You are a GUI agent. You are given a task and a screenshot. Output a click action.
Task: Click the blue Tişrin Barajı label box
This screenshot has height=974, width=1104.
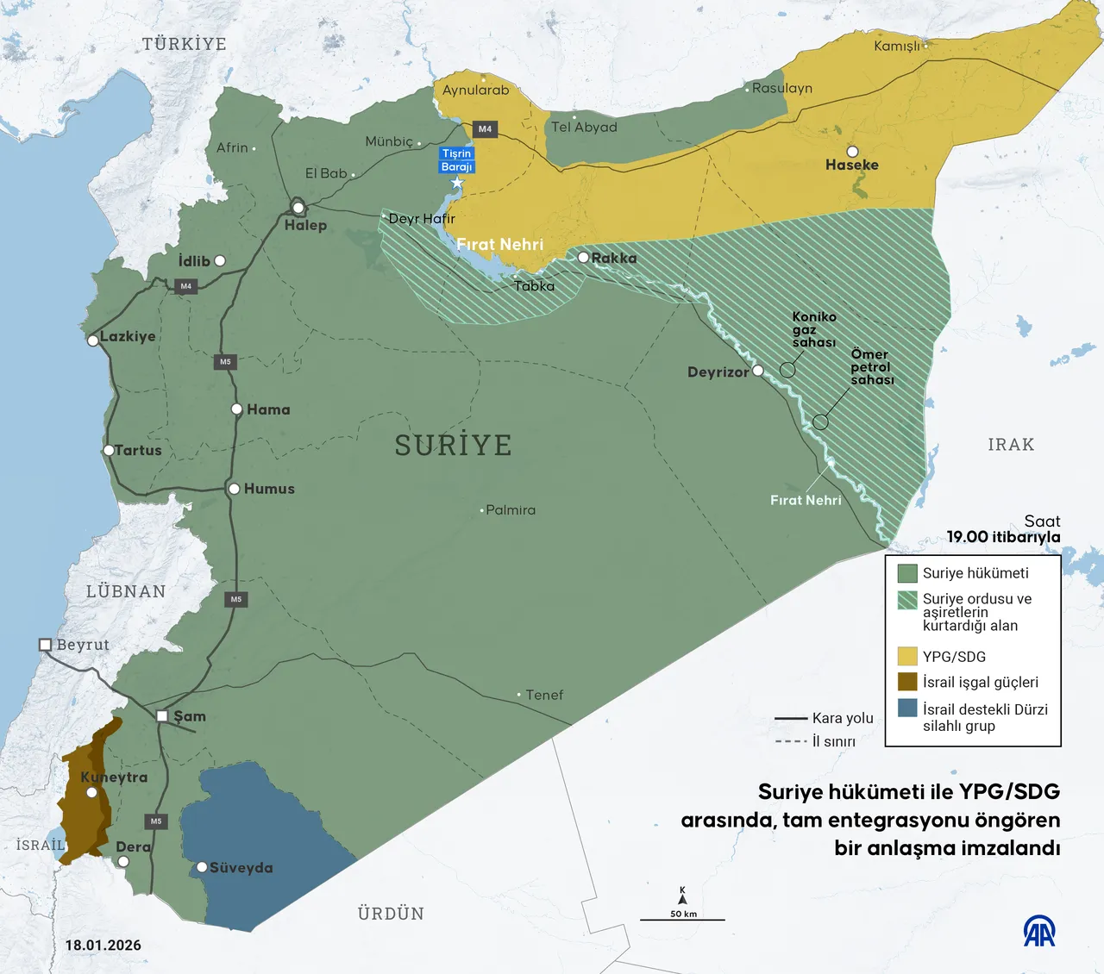coord(456,160)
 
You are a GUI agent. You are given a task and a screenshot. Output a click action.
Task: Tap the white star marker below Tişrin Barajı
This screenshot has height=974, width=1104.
coord(457,183)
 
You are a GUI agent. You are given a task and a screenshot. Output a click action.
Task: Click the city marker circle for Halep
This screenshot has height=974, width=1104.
coord(298,208)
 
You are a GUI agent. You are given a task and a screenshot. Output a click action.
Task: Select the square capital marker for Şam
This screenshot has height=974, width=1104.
coord(162,716)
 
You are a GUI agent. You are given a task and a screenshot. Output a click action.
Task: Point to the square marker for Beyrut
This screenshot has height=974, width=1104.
coord(46,645)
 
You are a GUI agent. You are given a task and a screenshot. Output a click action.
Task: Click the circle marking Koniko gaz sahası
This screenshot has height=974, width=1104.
coord(787,370)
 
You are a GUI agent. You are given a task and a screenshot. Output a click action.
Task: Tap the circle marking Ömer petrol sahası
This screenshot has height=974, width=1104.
coord(820,422)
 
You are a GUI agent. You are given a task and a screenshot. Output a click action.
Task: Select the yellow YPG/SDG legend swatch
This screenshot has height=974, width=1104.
coord(906,656)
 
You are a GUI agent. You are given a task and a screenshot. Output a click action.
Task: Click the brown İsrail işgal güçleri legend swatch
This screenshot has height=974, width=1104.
coord(906,682)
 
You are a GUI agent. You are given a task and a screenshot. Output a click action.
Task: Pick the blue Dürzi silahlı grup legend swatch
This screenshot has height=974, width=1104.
coord(906,709)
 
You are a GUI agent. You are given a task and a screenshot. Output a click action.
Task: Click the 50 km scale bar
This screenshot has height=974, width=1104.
coord(682,919)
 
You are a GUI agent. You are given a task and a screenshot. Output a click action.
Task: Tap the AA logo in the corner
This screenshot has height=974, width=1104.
coord(1039,931)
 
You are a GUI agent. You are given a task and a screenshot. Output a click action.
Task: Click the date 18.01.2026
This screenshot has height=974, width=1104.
coord(103,945)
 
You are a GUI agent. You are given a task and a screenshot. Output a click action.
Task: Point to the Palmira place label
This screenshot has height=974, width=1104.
coord(511,510)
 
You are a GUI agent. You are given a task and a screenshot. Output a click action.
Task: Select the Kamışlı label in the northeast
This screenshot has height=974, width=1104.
coord(897,46)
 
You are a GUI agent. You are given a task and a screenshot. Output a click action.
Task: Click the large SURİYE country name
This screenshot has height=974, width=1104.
coord(454,445)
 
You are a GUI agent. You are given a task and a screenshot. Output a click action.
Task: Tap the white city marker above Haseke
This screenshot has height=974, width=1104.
coord(852,152)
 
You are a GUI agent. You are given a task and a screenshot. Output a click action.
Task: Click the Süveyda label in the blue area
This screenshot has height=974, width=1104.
coord(241,868)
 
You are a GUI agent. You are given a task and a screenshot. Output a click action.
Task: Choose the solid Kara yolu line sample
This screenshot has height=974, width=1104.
coord(790,718)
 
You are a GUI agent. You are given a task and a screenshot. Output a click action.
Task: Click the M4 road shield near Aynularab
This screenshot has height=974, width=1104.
coord(485,129)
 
